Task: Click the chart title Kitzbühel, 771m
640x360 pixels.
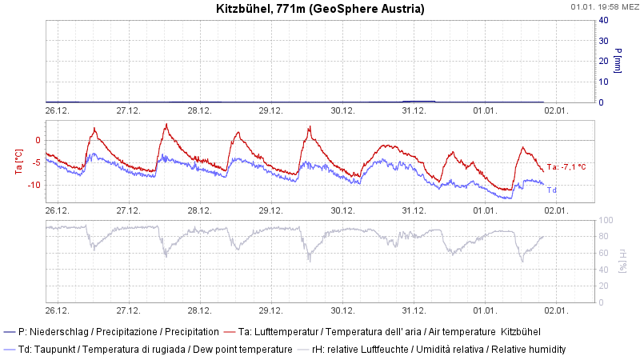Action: [320, 9]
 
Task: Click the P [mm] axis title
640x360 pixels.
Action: [618, 61]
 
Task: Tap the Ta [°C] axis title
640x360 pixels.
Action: [20, 160]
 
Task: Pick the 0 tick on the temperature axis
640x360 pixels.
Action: [36, 140]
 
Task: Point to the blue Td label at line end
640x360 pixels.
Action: [552, 190]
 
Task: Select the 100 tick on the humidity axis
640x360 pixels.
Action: [606, 220]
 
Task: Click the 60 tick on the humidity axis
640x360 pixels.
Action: [606, 253]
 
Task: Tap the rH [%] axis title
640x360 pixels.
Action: [622, 260]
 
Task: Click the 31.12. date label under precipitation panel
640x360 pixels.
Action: [414, 111]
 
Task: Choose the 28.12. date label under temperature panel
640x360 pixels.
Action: [199, 210]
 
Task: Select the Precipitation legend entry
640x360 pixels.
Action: [112, 331]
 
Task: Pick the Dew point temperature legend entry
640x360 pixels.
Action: [148, 350]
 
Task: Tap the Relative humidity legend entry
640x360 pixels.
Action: [432, 350]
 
